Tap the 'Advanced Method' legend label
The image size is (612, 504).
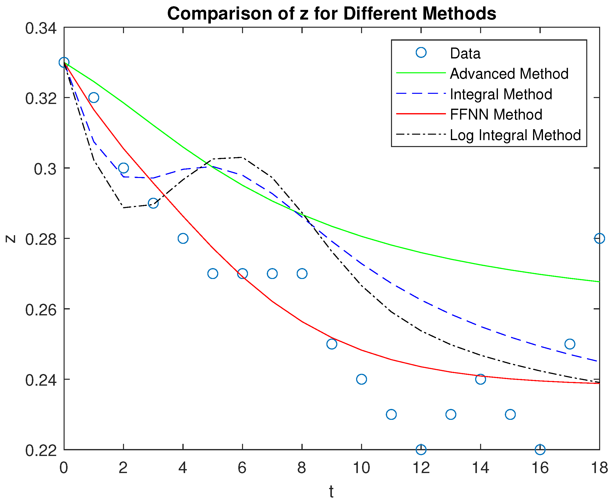509,74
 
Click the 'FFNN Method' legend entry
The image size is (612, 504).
496,114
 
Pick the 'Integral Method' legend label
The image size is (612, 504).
501,94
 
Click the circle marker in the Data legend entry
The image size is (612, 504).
421,52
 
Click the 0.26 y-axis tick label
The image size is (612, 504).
41,310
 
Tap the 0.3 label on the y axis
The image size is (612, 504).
45,169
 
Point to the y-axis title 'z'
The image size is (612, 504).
11,239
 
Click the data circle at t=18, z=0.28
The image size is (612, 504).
599,238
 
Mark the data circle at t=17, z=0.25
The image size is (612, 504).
570,344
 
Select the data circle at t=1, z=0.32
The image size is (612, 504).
94,98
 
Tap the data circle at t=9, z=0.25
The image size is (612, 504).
331,344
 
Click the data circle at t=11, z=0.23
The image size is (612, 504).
391,414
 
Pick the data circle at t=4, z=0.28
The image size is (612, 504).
183,238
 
